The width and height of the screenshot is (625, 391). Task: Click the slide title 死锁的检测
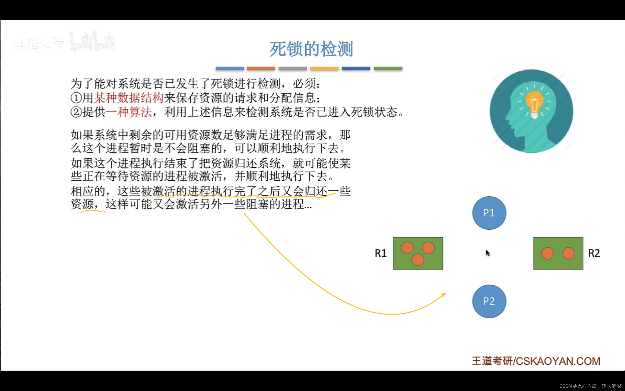tap(311, 49)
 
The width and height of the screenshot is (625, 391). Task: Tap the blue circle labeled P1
tap(489, 213)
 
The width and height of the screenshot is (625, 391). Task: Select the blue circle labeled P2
tap(489, 301)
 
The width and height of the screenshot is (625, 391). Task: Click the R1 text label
tap(380, 253)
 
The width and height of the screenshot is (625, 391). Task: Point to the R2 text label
tap(594, 253)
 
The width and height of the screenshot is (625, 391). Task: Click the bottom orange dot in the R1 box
tap(418, 260)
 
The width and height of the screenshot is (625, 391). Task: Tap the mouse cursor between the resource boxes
tap(488, 253)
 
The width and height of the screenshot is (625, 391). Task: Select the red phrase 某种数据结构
tap(129, 98)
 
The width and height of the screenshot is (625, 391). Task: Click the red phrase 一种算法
tap(129, 112)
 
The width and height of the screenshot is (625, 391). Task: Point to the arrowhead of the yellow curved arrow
tap(444, 294)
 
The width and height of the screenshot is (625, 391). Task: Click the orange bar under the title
tap(261, 68)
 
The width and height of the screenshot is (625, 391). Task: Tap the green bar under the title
tap(388, 68)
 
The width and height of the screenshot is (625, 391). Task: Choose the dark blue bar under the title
tap(356, 68)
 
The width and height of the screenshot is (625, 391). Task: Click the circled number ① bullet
tap(76, 98)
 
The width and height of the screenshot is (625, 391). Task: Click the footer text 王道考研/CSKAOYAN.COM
tap(536, 361)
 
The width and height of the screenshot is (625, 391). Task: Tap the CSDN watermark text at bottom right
tap(590, 386)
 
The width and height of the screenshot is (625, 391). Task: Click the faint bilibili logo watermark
tap(93, 41)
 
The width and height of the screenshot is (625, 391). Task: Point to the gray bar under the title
tap(293, 68)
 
